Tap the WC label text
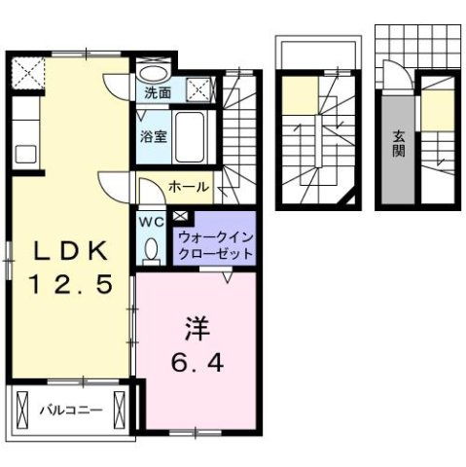(x=152, y=221)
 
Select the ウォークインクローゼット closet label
(x=215, y=244)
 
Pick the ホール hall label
(x=187, y=185)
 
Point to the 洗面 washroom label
(x=157, y=94)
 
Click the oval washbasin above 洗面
(x=152, y=73)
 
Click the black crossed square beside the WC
(x=182, y=216)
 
